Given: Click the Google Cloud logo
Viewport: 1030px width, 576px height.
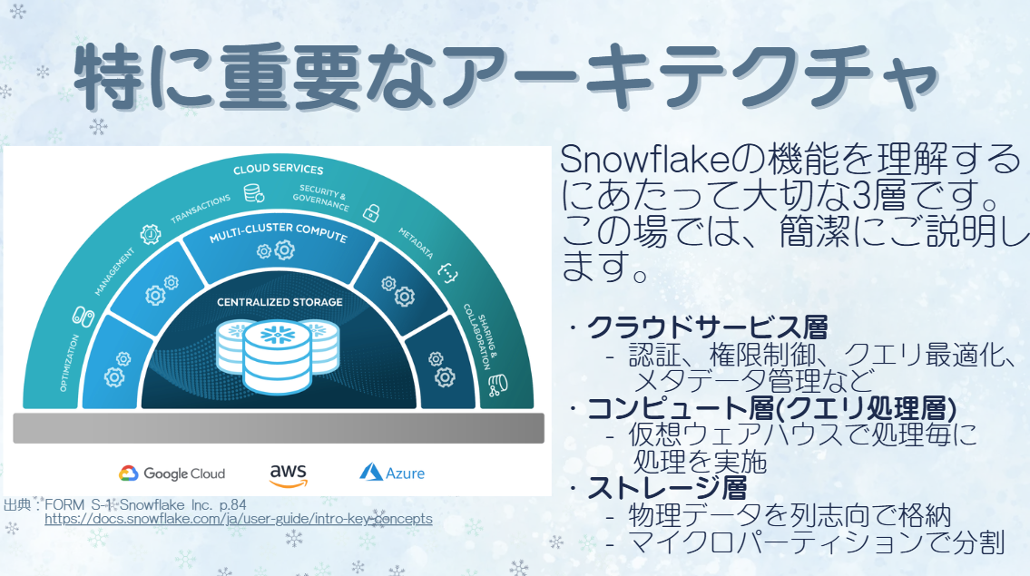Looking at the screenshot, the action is (172, 473).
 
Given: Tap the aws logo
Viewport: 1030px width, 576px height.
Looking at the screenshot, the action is (289, 475).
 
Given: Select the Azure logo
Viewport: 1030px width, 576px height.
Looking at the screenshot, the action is (392, 473).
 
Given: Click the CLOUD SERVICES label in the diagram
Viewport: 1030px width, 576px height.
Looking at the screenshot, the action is (278, 169).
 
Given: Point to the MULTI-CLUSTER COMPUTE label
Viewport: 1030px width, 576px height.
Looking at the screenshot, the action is (278, 232).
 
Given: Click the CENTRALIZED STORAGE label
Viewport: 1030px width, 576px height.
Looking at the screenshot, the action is (280, 302).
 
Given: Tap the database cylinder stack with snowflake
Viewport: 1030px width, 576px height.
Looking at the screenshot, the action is (277, 356).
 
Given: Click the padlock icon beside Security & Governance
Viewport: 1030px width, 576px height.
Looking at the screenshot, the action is (372, 213).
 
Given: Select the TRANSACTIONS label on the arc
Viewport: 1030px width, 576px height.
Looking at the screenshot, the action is (201, 209).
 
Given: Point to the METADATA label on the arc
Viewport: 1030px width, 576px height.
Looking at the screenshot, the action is (416, 243).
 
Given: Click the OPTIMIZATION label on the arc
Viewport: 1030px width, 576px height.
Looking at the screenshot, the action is (69, 363).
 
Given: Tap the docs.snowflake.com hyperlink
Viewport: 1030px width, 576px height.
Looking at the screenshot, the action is (239, 519).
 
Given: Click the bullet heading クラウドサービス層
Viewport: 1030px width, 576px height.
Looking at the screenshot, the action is (707, 327).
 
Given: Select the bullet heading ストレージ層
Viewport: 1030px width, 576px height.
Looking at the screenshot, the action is (667, 488).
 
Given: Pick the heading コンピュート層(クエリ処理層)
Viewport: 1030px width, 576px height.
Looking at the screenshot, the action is (771, 408).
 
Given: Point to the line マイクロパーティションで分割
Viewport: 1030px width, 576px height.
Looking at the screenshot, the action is (817, 542).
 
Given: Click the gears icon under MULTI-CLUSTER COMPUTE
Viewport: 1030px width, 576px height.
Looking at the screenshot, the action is (276, 250).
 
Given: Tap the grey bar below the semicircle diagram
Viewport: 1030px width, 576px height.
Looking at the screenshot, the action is (279, 428).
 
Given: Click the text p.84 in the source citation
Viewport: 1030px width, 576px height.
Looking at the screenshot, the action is (232, 505).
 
